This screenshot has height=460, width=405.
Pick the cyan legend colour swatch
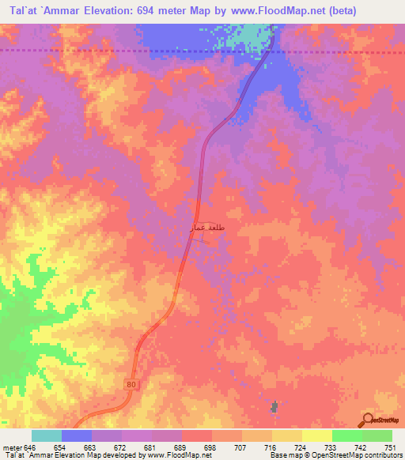[47, 435]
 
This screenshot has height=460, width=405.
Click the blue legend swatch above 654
[77, 435]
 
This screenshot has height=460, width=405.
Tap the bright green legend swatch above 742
[346, 435]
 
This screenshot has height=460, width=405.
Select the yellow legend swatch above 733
[316, 435]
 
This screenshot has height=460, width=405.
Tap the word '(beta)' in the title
[317, 11]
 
